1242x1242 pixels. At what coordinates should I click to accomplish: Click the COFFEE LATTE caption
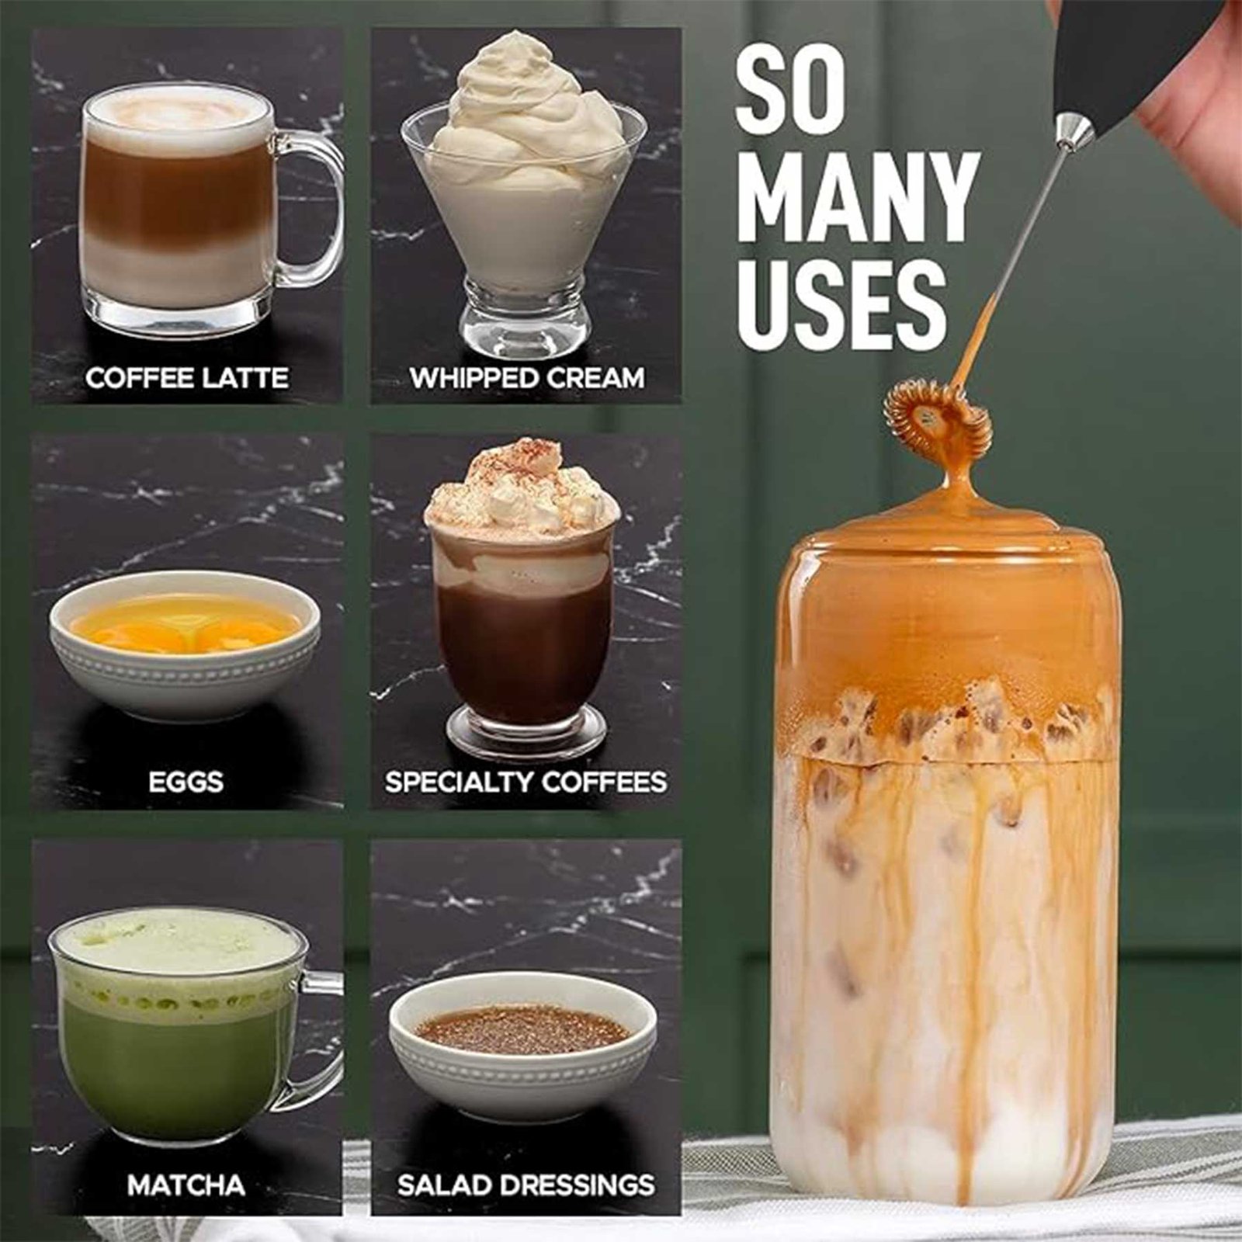tap(187, 378)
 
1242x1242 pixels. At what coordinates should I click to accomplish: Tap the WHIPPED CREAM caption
tap(527, 378)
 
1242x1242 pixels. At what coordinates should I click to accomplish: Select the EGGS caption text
tap(186, 782)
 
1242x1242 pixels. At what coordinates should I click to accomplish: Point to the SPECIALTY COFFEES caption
tap(526, 782)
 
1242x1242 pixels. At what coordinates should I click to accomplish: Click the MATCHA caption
tap(186, 1185)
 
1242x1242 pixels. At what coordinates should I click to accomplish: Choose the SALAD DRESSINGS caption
tap(526, 1185)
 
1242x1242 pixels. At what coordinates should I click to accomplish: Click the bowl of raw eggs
tap(185, 644)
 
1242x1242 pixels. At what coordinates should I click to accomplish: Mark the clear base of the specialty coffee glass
tap(525, 734)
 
